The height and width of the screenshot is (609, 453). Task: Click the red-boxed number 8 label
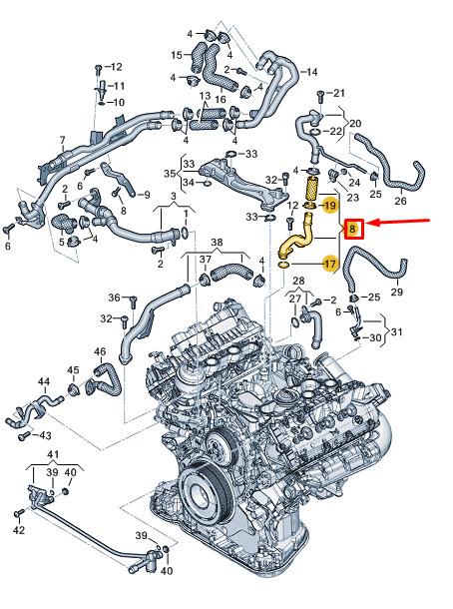353,229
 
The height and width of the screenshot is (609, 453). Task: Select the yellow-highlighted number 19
329,205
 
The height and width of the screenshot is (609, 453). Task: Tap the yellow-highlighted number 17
330,265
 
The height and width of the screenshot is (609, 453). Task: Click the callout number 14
311,72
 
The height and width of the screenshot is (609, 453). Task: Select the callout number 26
400,201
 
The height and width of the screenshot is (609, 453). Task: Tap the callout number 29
396,292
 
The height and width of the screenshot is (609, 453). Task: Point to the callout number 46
100,351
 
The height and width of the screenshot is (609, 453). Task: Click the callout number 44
44,381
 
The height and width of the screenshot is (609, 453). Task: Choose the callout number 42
19,530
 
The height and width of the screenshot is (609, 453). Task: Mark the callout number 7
63,140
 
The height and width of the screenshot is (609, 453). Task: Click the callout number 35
170,174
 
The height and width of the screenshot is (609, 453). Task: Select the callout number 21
339,93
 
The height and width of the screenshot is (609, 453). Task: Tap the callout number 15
177,55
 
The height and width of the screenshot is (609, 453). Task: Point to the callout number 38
217,243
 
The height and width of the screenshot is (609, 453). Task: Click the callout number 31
396,332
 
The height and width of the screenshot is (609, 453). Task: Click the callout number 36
114,298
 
